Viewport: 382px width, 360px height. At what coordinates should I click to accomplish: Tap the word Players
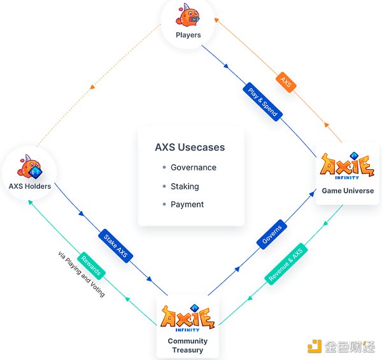point(188,35)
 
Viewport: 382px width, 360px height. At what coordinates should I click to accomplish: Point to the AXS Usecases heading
point(190,148)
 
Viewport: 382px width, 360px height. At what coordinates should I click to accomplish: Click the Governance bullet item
point(193,167)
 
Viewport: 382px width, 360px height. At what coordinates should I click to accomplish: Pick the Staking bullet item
point(185,186)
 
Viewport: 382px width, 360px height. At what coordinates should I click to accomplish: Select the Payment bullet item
point(187,204)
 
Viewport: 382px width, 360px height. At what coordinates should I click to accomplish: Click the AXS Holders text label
point(31,186)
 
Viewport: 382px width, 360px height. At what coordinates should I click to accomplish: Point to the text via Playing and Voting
point(81,275)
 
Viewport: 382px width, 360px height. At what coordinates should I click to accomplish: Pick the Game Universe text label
point(348,191)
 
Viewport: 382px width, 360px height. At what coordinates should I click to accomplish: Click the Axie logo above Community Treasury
point(187,319)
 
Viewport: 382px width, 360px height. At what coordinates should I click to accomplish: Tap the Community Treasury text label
point(188,345)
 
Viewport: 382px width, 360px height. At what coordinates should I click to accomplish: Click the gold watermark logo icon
point(315,346)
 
